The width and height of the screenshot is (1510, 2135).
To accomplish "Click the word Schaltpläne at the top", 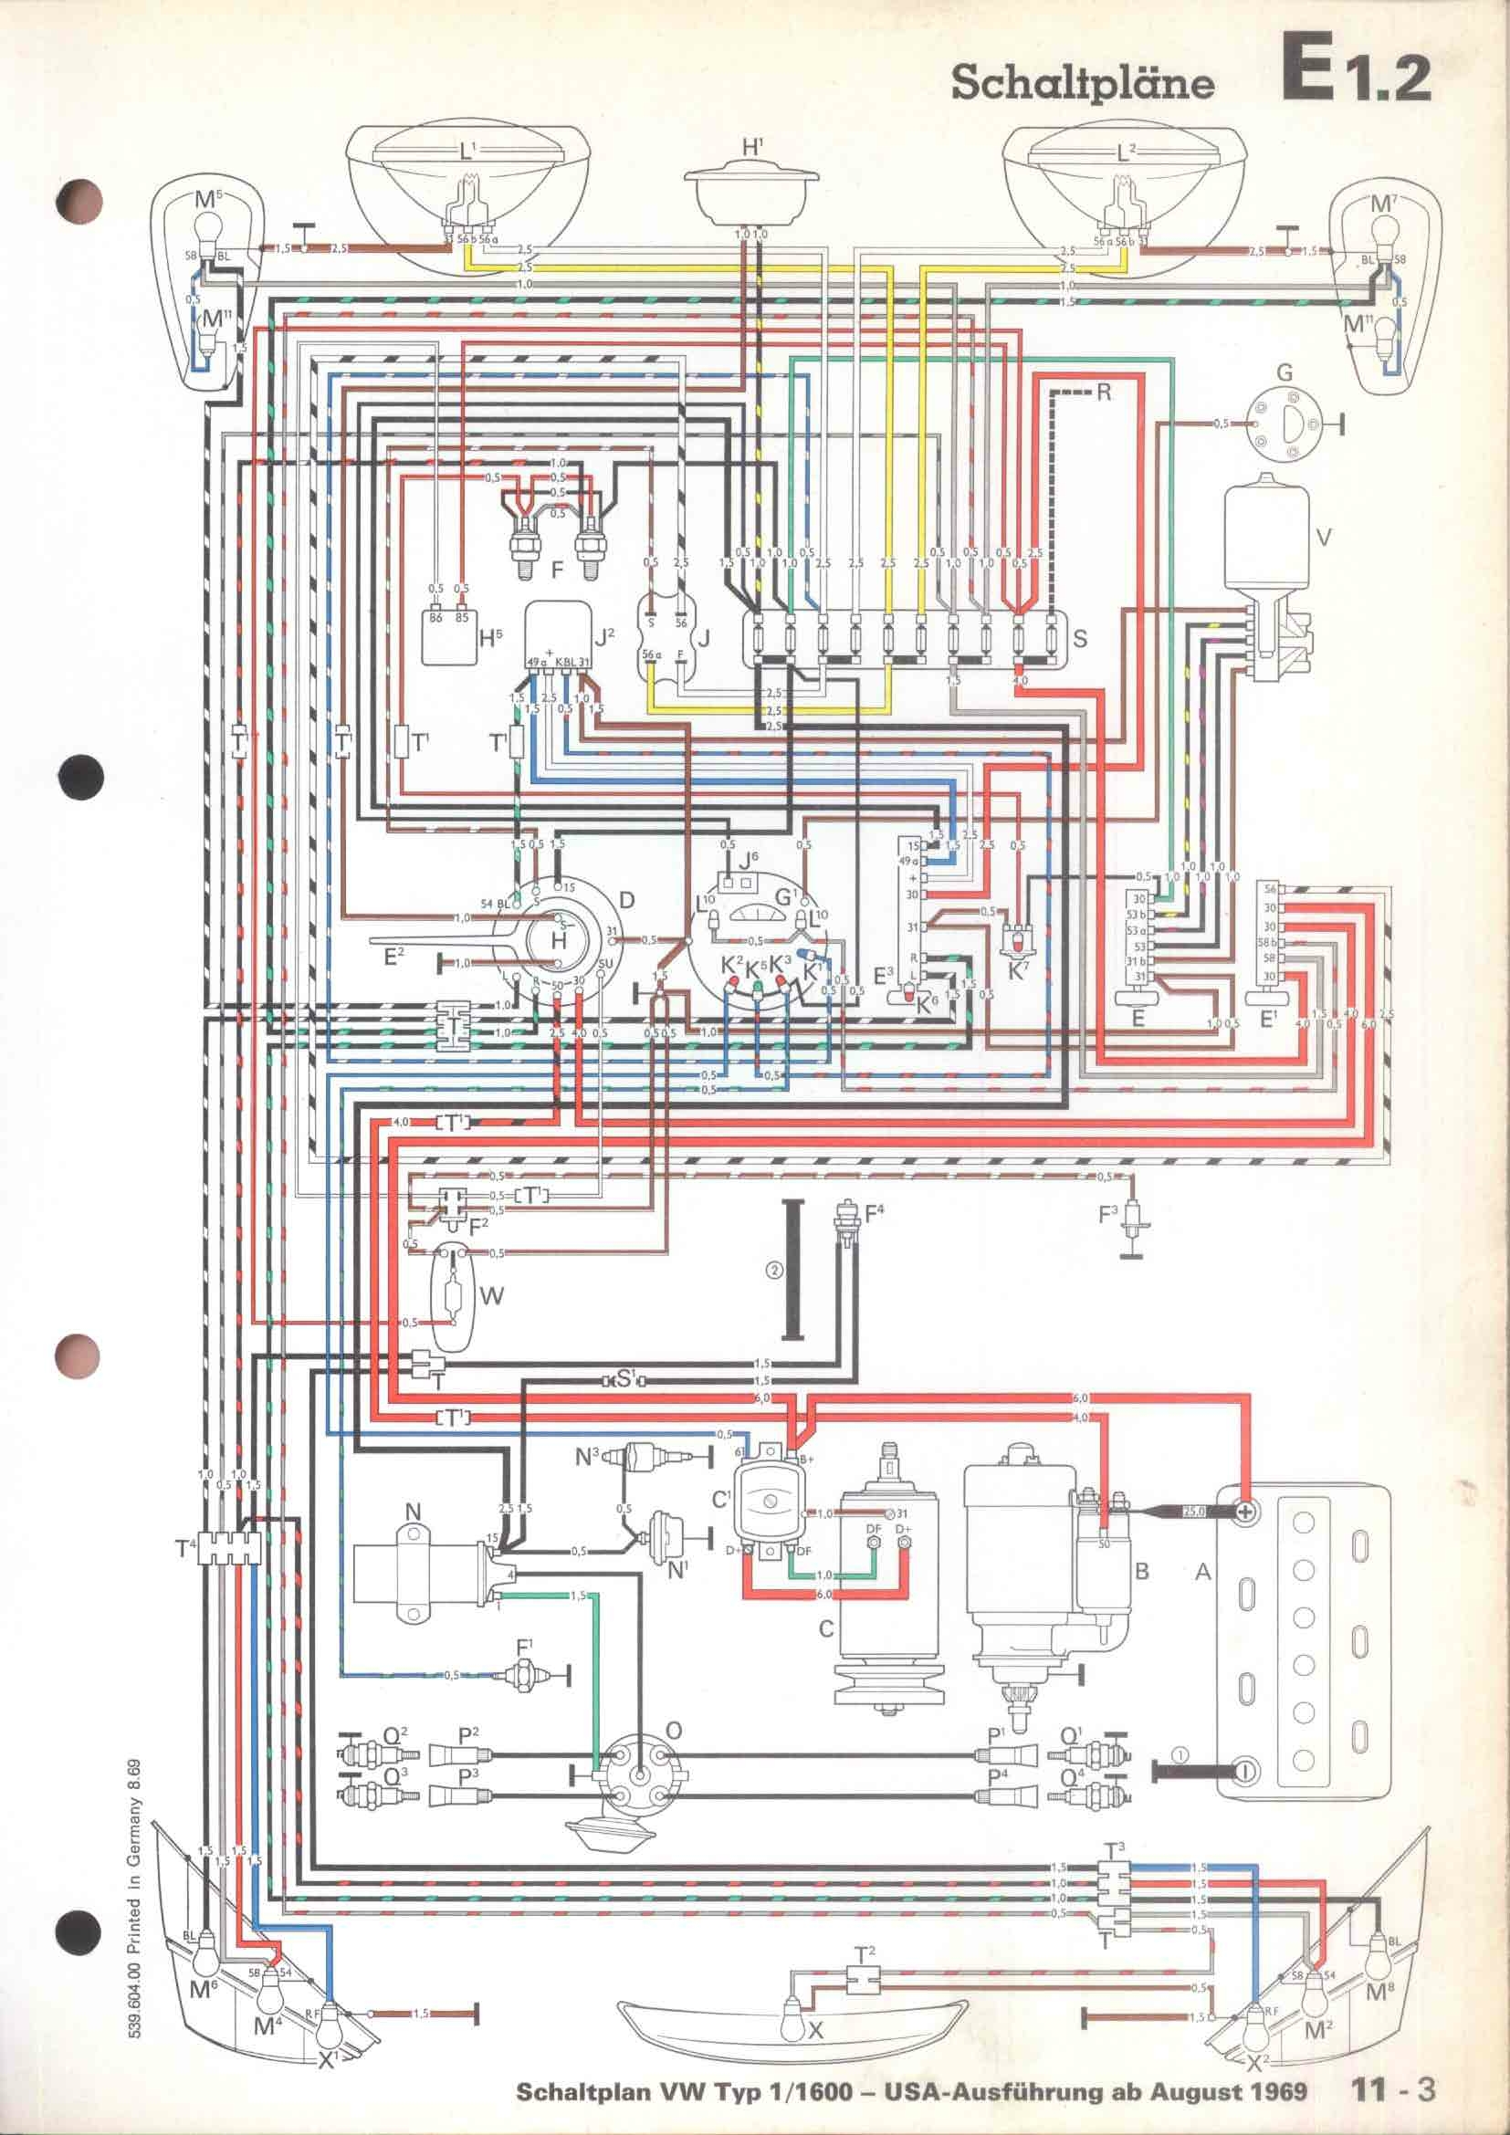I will pos(1084,84).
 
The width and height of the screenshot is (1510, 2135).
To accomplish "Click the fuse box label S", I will pos(1079,640).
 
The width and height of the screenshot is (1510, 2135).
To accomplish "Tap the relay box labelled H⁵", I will pos(450,638).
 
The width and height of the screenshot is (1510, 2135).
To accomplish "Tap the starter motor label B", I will pos(1142,1572).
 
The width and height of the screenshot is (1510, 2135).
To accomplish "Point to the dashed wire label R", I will pos(1103,392).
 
